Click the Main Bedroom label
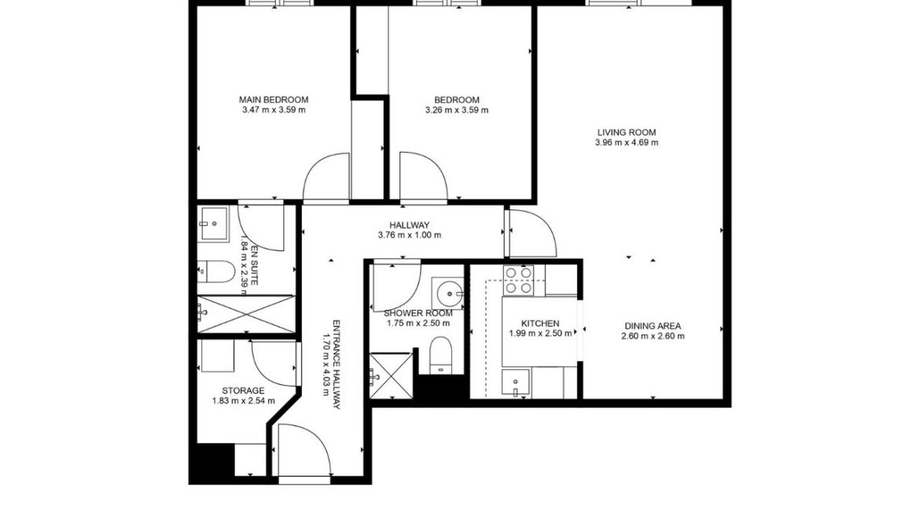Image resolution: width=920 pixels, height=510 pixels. pyautogui.click(x=274, y=100)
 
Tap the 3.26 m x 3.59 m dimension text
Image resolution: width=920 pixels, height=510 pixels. pyautogui.click(x=456, y=110)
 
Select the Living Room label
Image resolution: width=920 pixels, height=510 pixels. pyautogui.click(x=626, y=132)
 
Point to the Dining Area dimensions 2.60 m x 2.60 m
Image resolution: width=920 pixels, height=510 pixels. pyautogui.click(x=653, y=336)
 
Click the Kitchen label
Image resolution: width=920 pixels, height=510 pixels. pyautogui.click(x=540, y=323)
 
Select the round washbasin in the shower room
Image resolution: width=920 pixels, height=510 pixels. pyautogui.click(x=451, y=294)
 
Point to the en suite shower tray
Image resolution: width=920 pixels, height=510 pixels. pyautogui.click(x=245, y=314)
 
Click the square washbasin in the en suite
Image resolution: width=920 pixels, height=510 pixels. pyautogui.click(x=212, y=222)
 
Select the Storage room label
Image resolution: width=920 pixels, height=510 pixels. pyautogui.click(x=243, y=390)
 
